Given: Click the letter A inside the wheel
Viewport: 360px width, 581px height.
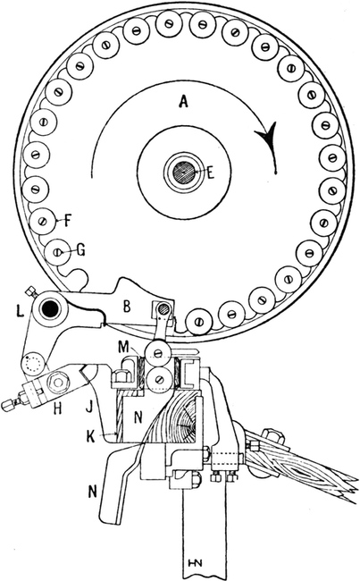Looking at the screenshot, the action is (183, 101).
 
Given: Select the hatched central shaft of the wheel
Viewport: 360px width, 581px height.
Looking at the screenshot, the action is (184, 172).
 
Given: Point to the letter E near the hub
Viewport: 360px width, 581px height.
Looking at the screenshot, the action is (210, 173).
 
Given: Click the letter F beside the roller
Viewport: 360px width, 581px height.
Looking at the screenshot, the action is (68, 220).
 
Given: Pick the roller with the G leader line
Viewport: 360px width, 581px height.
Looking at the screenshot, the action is (58, 252).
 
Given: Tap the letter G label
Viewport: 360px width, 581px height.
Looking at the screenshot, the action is (80, 249).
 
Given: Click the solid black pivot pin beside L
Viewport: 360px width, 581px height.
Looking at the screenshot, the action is (48, 307).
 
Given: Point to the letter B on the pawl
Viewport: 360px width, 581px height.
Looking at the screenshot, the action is (127, 307).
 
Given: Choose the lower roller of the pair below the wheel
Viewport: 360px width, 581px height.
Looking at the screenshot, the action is (159, 379).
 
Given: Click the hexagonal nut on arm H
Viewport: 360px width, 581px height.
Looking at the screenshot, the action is (59, 381).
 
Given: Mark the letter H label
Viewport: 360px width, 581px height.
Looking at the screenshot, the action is (58, 409).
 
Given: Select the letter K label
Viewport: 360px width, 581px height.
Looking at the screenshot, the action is (91, 437).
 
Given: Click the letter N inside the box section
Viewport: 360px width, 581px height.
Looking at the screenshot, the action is (138, 418).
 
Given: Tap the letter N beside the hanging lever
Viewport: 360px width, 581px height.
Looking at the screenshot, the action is (92, 492).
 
